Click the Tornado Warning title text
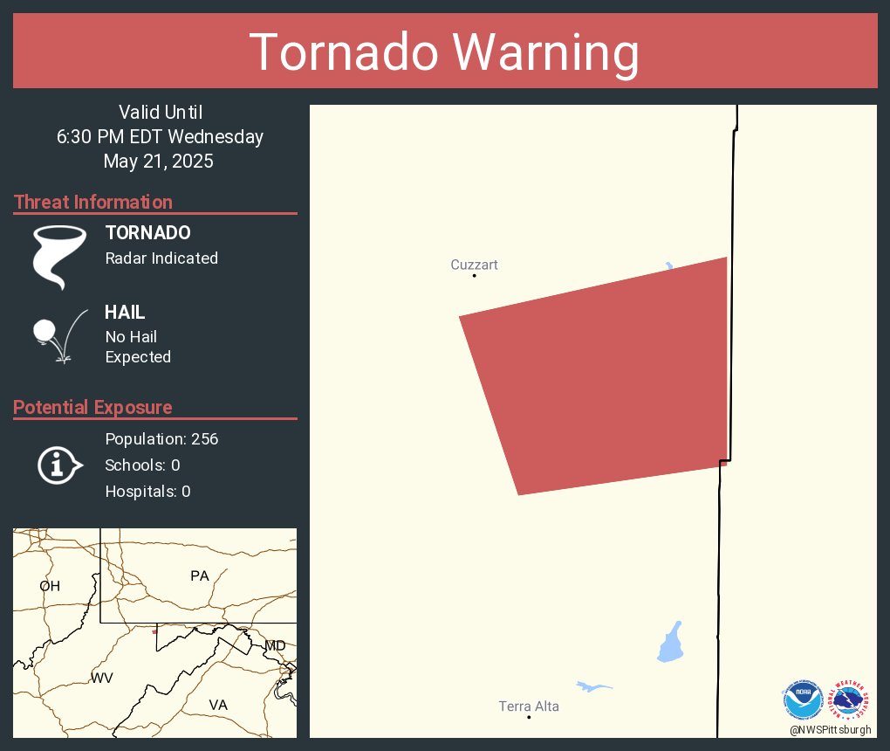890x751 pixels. (x=444, y=52)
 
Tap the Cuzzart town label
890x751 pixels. (x=474, y=265)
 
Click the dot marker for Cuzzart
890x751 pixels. (x=475, y=276)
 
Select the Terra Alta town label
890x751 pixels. (x=529, y=706)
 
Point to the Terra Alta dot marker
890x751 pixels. (x=529, y=717)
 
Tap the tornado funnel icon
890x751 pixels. (x=59, y=256)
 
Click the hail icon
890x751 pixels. (x=58, y=336)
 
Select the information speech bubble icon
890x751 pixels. (x=59, y=465)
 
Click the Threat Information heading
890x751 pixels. (x=93, y=202)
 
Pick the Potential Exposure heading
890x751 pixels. (x=92, y=407)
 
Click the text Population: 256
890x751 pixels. (x=161, y=438)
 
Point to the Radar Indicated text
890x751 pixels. (x=161, y=258)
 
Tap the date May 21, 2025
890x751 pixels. (x=158, y=161)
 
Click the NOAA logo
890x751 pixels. (x=803, y=700)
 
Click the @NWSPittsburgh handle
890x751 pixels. (x=830, y=729)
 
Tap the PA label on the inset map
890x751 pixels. (x=200, y=575)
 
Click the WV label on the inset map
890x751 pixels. (x=102, y=678)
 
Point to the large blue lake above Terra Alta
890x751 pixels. (x=670, y=644)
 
